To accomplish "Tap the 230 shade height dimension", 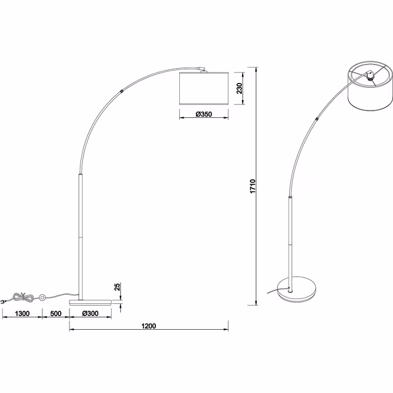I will (239, 88).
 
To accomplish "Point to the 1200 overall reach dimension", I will (148, 325).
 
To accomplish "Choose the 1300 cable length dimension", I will (21, 313).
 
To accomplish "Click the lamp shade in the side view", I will (203, 88).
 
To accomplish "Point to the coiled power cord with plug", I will (18, 298).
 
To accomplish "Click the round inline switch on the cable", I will (43, 298).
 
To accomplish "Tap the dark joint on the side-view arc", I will (125, 90).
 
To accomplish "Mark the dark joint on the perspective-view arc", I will (316, 117).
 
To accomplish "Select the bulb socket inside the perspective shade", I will (368, 76).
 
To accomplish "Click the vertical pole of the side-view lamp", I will (80, 233).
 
